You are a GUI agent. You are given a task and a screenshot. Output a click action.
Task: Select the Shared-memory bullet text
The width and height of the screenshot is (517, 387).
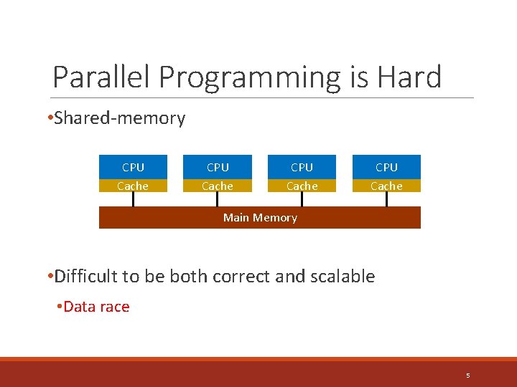tap(119, 118)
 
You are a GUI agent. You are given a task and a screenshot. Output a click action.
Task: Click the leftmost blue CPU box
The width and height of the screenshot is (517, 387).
tap(133, 167)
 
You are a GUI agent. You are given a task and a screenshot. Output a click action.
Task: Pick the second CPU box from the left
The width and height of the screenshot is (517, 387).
tap(218, 167)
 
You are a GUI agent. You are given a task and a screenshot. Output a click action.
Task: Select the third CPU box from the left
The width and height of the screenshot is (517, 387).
tap(302, 167)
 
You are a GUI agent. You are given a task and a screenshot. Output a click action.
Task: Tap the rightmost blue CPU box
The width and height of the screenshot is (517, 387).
tap(386, 167)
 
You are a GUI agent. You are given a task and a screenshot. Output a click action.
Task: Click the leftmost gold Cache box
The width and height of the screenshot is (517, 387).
tap(133, 186)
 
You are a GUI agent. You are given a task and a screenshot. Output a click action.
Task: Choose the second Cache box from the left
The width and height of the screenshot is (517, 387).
tap(218, 186)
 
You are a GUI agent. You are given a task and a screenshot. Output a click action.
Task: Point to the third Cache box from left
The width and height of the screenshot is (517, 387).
tap(302, 186)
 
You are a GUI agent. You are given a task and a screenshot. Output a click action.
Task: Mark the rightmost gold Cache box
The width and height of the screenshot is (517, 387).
tap(386, 186)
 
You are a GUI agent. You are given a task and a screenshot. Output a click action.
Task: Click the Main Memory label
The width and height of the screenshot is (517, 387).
tap(260, 218)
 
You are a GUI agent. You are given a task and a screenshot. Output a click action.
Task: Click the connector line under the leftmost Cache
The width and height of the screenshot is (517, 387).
tap(133, 200)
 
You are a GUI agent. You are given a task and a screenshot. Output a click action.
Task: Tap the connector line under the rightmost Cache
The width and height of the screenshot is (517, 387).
tap(386, 200)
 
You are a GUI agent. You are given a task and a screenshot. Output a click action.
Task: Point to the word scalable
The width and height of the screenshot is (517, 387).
tap(343, 277)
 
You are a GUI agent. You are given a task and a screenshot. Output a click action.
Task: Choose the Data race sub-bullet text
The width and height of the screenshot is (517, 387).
tap(96, 307)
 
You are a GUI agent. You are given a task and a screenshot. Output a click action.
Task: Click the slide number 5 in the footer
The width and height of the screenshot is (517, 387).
tap(467, 376)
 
